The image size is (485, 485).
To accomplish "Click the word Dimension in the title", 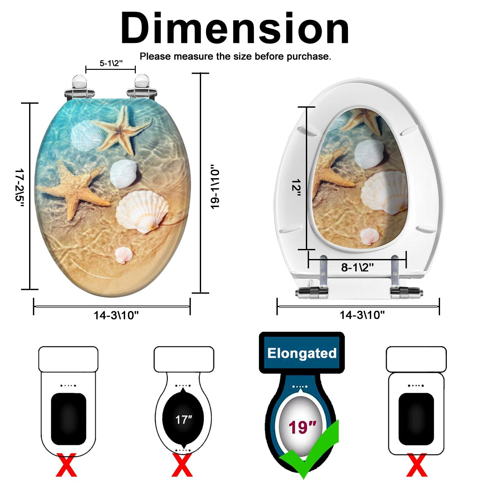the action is (x=235, y=28).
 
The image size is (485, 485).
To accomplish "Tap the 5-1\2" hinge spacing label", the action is (x=111, y=63).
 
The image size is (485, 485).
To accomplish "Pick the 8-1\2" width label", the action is (x=357, y=267).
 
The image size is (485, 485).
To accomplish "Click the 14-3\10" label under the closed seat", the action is (x=116, y=315).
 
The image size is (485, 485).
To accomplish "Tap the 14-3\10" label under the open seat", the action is (x=362, y=315).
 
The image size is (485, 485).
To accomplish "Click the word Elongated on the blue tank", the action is (x=302, y=353).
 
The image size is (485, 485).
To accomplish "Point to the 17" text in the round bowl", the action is (x=183, y=420).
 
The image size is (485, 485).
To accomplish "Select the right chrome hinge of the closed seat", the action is (x=142, y=87).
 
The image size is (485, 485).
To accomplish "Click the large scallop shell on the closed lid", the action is (x=142, y=211).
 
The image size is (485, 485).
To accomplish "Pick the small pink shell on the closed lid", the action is (x=124, y=255).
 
